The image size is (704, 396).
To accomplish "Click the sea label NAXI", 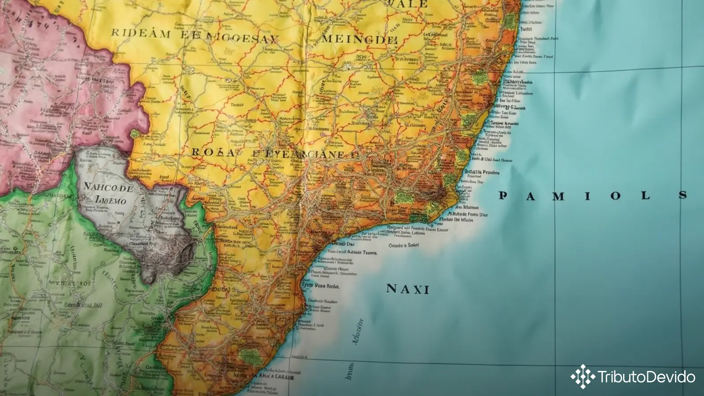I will (x=407, y=289).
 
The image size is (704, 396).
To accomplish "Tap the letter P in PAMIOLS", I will (x=502, y=195).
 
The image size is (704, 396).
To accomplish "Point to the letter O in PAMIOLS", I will (x=615, y=196).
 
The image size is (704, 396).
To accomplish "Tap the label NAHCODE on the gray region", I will (x=108, y=187).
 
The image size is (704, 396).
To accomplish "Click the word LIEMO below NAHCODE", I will (x=110, y=201).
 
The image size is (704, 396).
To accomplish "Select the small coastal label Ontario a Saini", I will (x=404, y=245).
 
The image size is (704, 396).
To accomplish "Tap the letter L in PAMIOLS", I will (x=645, y=195).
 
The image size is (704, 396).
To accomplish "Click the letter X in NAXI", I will (x=416, y=289).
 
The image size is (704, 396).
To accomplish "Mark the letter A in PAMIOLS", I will (x=530, y=196).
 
